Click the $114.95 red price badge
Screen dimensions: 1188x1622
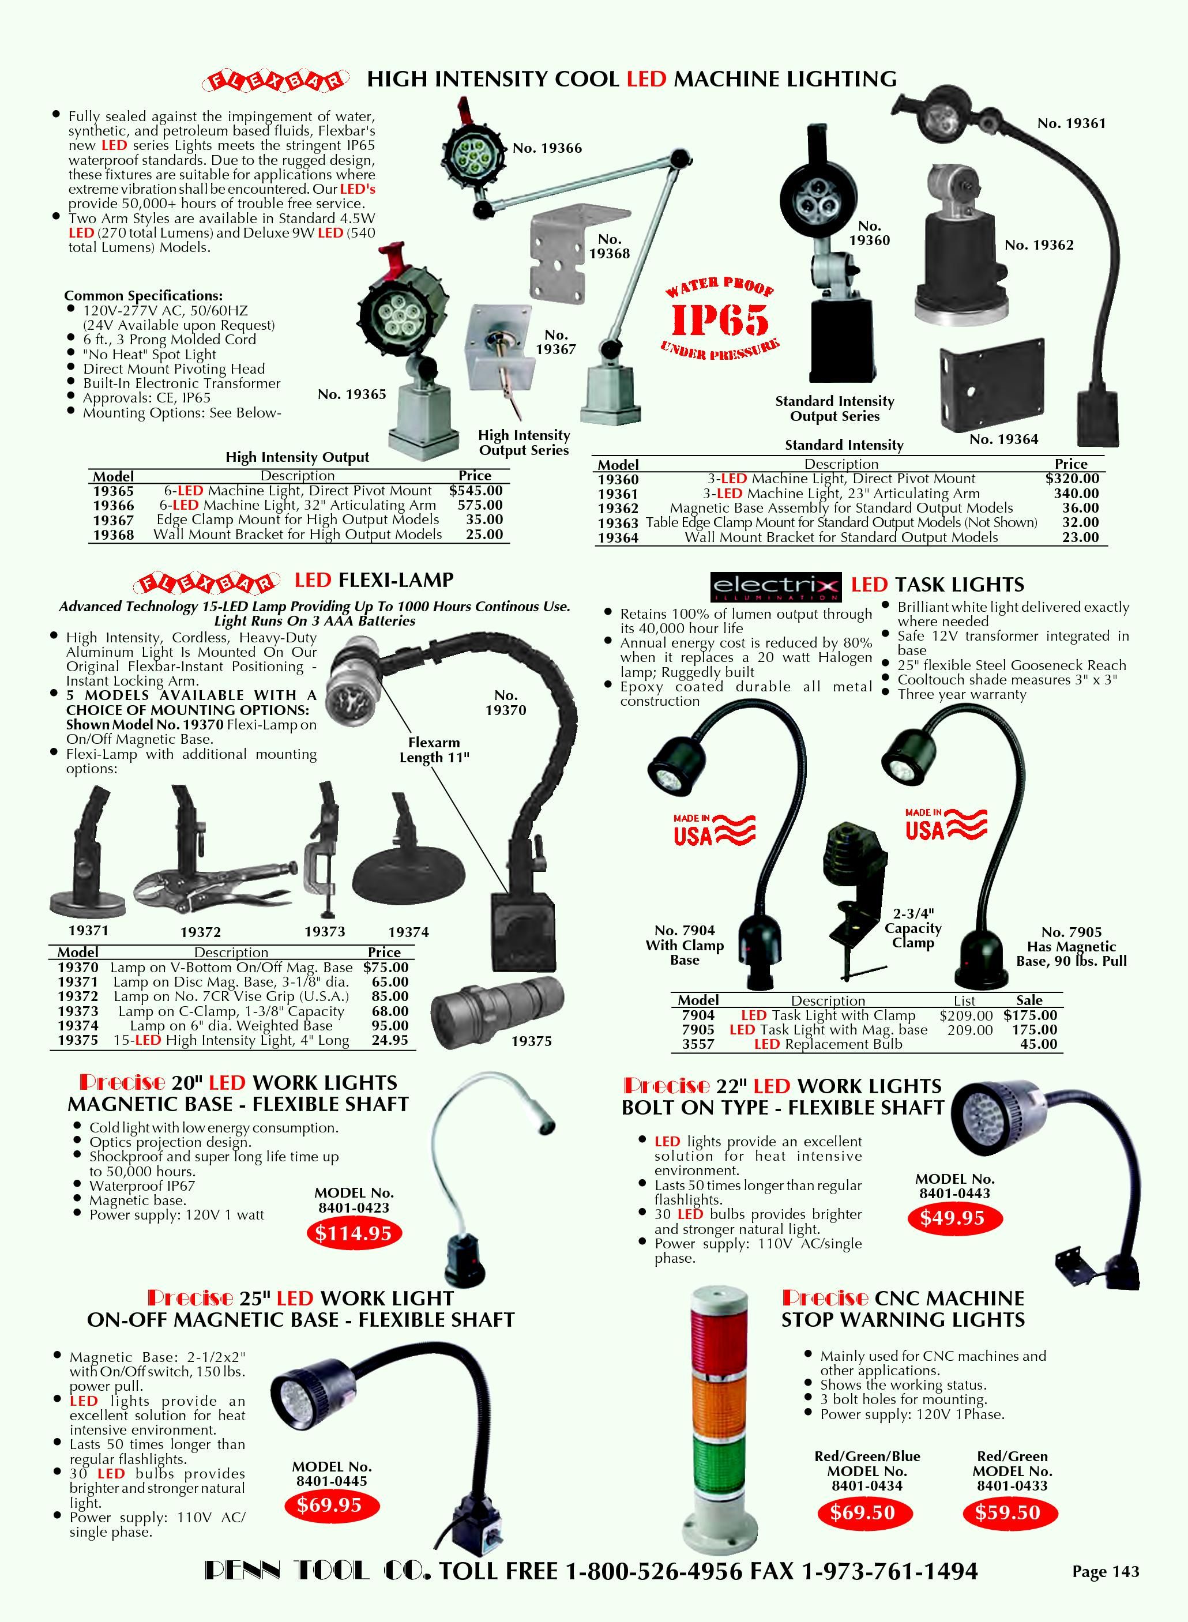click(x=354, y=1233)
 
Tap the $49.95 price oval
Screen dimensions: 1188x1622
click(x=952, y=1218)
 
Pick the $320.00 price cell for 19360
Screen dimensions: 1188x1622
click(x=1072, y=479)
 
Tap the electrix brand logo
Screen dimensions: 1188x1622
click(x=775, y=586)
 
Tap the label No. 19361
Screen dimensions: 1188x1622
click(x=1072, y=123)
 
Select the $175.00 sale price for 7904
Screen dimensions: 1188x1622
click(x=1031, y=1015)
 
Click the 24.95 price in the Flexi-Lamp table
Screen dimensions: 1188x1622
click(x=390, y=1040)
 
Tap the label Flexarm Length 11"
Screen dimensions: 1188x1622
click(x=434, y=750)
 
